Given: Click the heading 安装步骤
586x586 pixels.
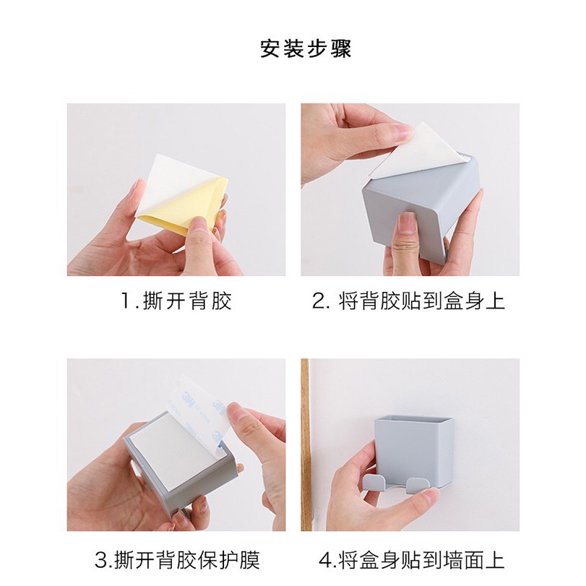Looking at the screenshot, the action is click(306, 48).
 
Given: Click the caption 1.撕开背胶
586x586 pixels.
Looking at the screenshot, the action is click(176, 301).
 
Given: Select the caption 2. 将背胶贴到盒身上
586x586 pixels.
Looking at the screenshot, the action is click(409, 301).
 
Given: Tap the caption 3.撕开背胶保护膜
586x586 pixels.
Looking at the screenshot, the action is click(177, 559).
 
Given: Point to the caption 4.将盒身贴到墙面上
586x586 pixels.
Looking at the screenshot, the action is click(411, 559).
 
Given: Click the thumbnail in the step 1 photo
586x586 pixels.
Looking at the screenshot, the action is click(199, 224).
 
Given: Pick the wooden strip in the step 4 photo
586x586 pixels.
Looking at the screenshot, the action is click(305, 444).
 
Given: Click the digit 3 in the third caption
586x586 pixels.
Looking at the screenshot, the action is click(101, 559).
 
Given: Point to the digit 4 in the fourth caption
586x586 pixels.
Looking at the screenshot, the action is click(324, 559).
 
